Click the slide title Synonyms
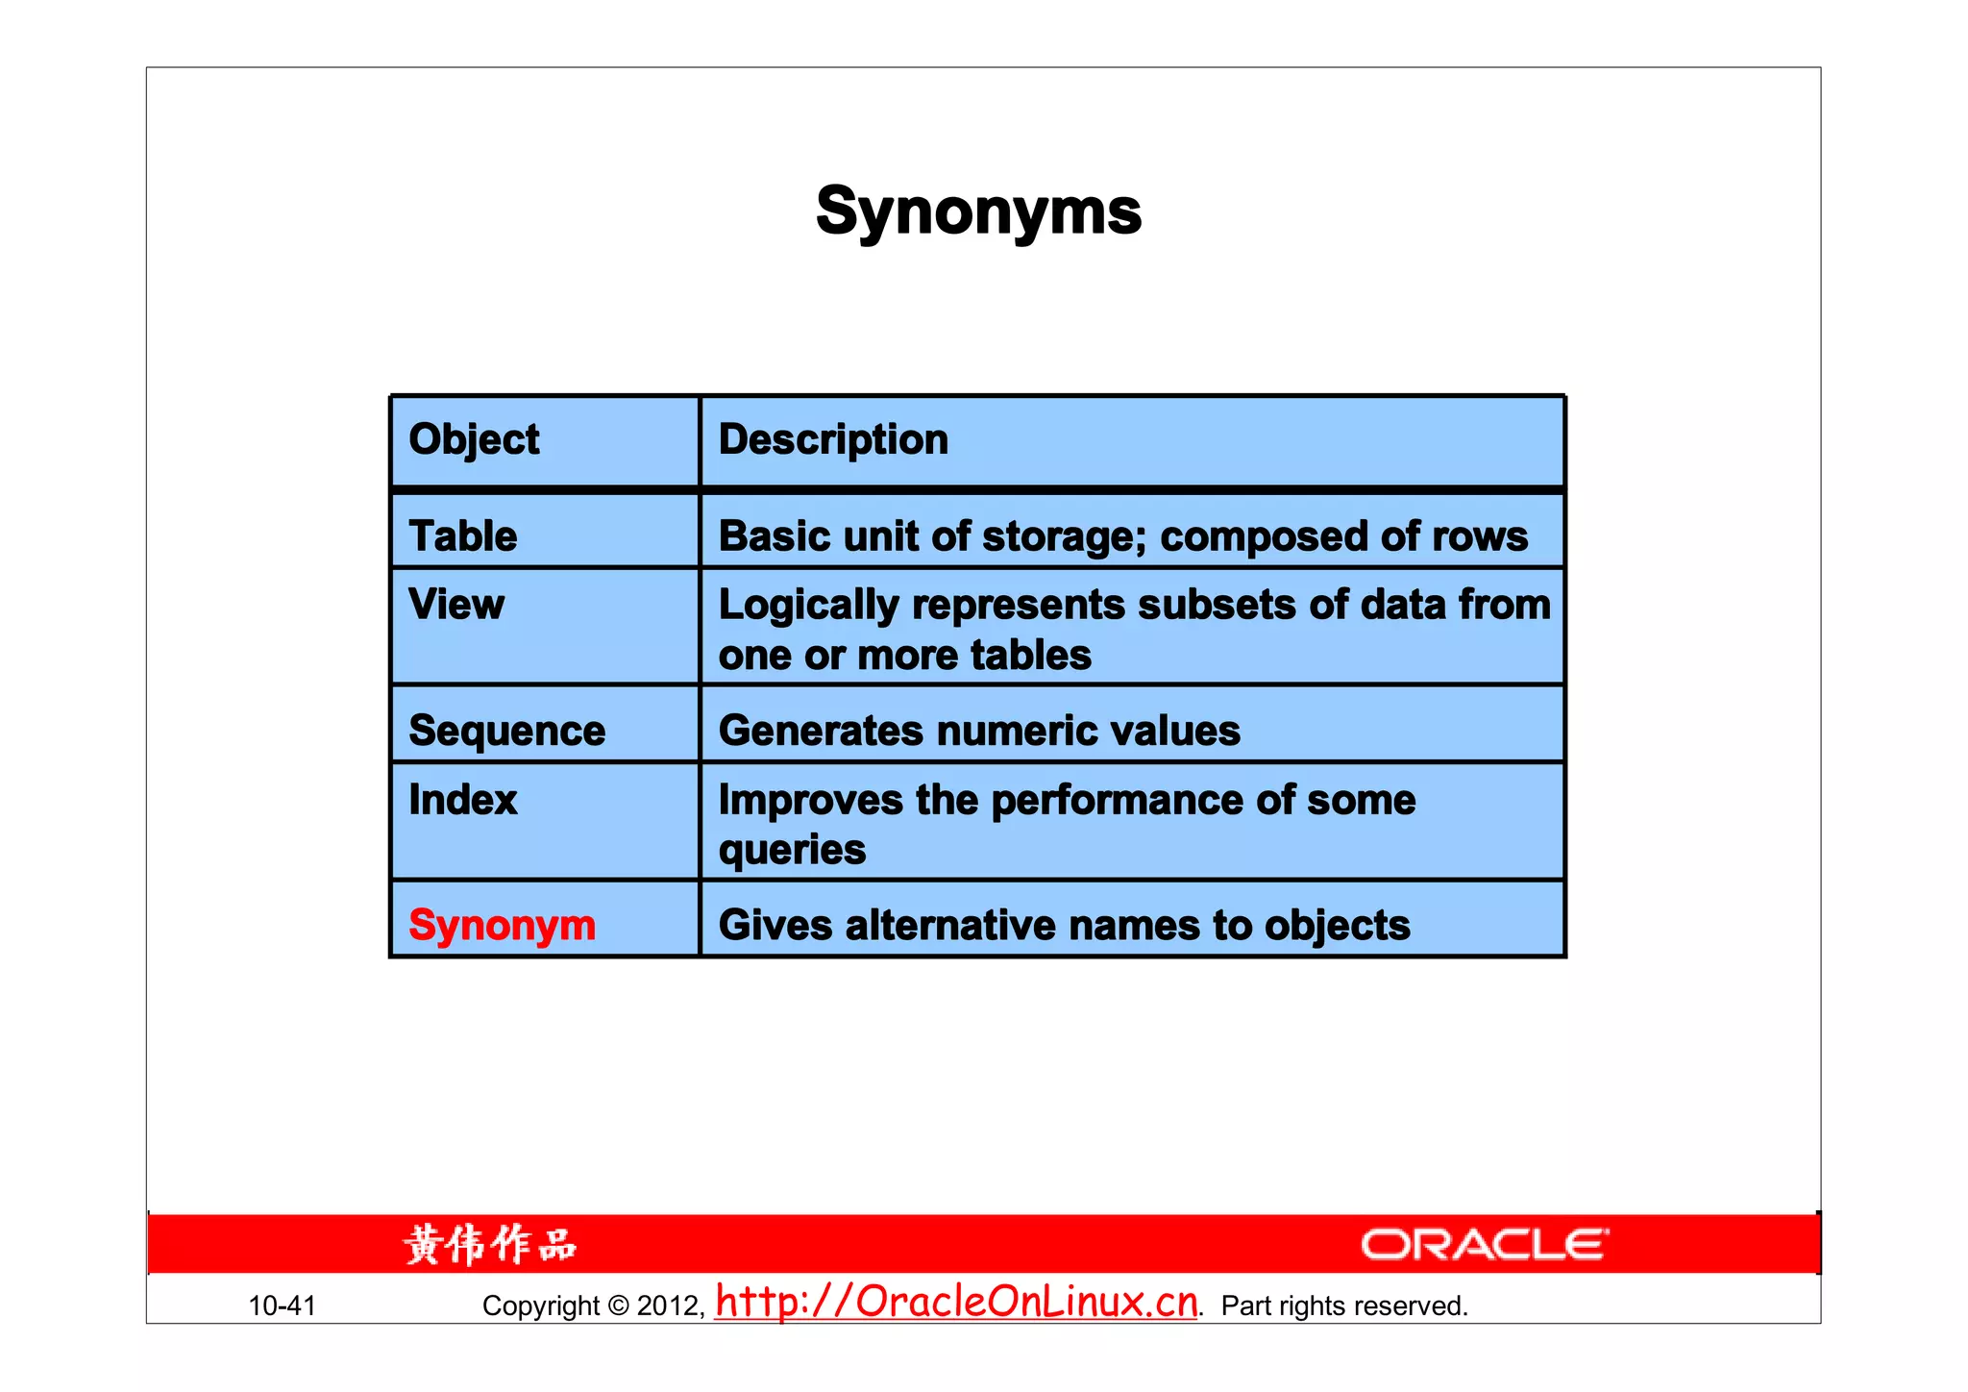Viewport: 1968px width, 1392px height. coord(978,211)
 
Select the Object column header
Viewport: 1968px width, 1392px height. coord(474,440)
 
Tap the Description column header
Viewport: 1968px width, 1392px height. coord(833,440)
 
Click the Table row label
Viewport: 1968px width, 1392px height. coord(462,536)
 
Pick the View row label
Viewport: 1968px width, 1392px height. coord(455,605)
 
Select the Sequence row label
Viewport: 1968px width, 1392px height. coord(506,732)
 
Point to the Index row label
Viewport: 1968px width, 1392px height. coord(462,800)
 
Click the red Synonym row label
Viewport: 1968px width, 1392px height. coord(502,926)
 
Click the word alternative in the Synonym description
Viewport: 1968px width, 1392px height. coord(950,926)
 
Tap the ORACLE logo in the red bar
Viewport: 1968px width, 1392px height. coord(1484,1245)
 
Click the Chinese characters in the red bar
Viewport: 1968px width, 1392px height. coord(490,1245)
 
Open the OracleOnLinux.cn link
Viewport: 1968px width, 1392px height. coord(956,1302)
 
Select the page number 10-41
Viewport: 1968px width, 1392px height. coord(282,1305)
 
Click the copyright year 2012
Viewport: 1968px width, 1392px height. coord(669,1305)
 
